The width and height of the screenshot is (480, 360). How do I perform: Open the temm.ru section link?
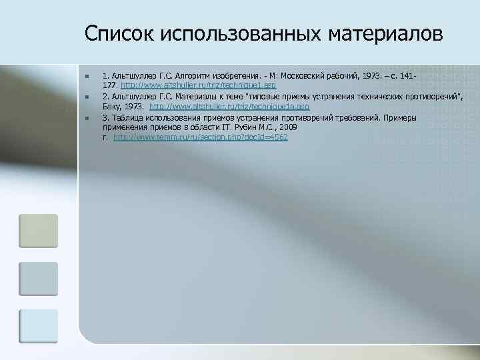pyautogui.click(x=201, y=137)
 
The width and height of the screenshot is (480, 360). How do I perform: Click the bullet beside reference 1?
pyautogui.click(x=87, y=78)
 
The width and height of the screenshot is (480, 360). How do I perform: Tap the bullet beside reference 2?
pyautogui.click(x=87, y=98)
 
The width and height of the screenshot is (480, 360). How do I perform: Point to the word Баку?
pyautogui.click(x=111, y=107)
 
